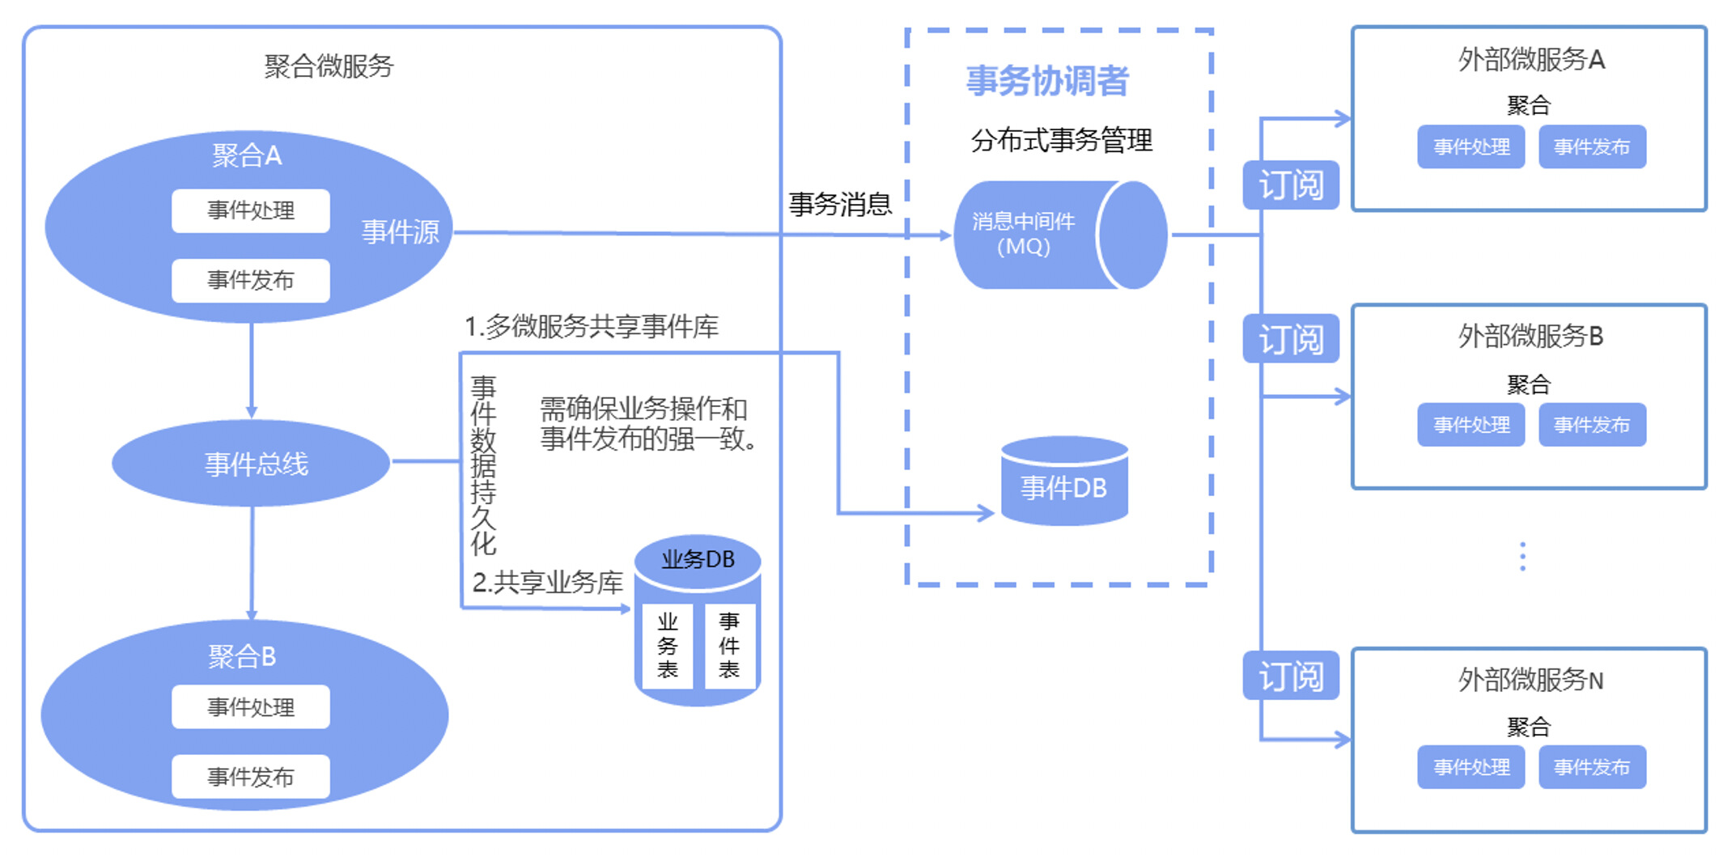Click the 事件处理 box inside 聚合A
tap(250, 211)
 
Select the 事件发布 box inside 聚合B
tap(250, 777)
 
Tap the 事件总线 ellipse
tap(255, 464)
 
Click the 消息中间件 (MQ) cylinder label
tap(1023, 234)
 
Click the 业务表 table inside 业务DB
tap(667, 646)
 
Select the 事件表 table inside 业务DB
tap(728, 646)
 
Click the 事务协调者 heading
tap(1047, 81)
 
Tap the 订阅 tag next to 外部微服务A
tap(1290, 185)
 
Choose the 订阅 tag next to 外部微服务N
tap(1290, 676)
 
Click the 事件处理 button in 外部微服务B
tap(1470, 425)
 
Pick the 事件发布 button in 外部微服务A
tap(1591, 147)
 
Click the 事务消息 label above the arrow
tap(840, 204)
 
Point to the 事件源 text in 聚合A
tap(400, 232)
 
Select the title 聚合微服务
tap(329, 66)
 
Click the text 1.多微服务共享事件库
tap(591, 327)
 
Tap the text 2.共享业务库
tap(547, 583)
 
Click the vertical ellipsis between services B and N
tap(1522, 557)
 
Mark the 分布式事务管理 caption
tap(1061, 141)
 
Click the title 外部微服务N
tap(1530, 681)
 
